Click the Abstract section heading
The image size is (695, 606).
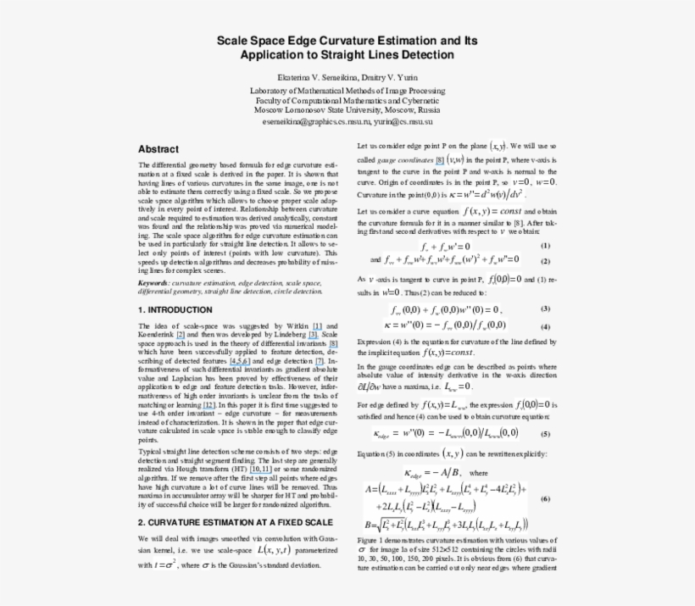pos(158,148)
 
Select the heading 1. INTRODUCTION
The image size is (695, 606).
pos(175,310)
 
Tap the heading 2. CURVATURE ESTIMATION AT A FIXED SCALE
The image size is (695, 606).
pos(235,522)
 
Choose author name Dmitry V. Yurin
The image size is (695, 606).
pos(393,78)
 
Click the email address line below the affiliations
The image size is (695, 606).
pos(347,121)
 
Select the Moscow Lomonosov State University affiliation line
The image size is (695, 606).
pos(347,110)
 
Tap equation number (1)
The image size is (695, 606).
pos(545,246)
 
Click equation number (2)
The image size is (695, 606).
pos(545,261)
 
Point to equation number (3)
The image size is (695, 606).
pos(545,309)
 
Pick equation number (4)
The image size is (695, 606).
pos(545,325)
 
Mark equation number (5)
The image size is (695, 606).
pos(545,433)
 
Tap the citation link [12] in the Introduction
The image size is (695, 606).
pos(208,405)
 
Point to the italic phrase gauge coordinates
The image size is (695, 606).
pos(405,159)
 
